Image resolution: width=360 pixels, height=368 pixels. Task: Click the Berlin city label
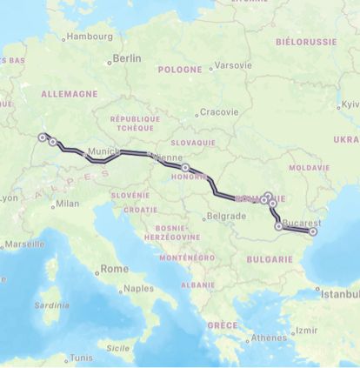pos(126,58)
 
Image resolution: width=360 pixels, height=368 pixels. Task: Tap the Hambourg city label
pos(89,37)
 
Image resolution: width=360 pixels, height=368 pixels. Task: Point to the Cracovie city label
pos(218,111)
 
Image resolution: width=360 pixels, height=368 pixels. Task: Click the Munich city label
pos(103,151)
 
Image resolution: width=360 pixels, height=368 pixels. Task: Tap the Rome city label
pos(114,270)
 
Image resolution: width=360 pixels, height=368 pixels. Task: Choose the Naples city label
pos(138,288)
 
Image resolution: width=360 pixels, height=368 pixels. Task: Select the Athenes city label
pos(268,338)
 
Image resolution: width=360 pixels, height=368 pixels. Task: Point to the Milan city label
pos(66,204)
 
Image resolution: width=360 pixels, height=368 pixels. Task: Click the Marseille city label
pos(23,244)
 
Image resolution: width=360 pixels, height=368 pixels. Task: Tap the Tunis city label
pos(80,357)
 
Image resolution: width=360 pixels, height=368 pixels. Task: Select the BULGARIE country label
pos(269,259)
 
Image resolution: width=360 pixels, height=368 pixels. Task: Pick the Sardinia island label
pos(51,305)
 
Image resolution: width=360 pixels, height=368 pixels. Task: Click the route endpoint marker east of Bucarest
pos(313,231)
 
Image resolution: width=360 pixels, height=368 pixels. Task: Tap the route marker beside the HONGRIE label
pos(185,167)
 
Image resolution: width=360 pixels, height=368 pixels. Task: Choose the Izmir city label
pos(306,330)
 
